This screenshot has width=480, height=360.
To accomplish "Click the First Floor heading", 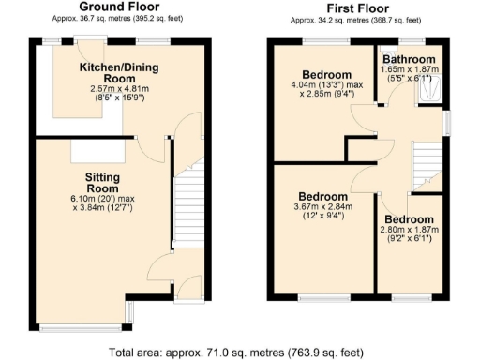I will click(356, 7).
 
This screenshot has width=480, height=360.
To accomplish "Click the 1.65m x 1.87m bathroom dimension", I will click(409, 69).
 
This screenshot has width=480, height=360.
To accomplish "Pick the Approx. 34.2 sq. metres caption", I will click(356, 19).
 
